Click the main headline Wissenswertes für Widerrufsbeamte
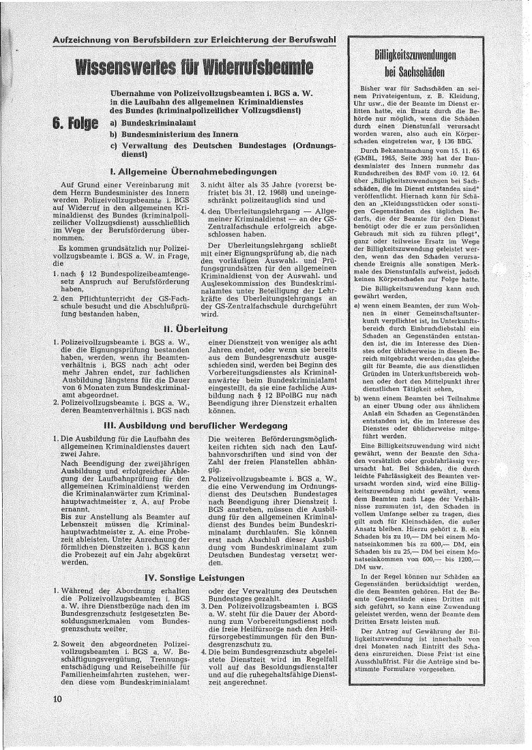point(194,67)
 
